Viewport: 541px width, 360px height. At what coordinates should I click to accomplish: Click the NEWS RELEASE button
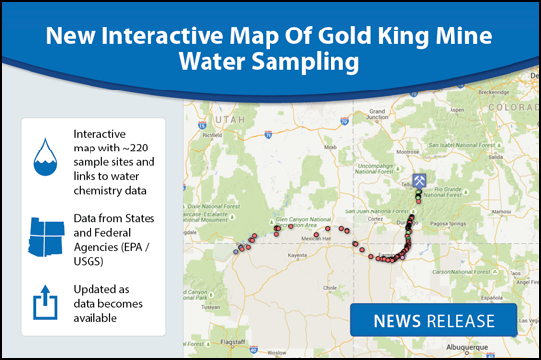[x=434, y=321]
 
